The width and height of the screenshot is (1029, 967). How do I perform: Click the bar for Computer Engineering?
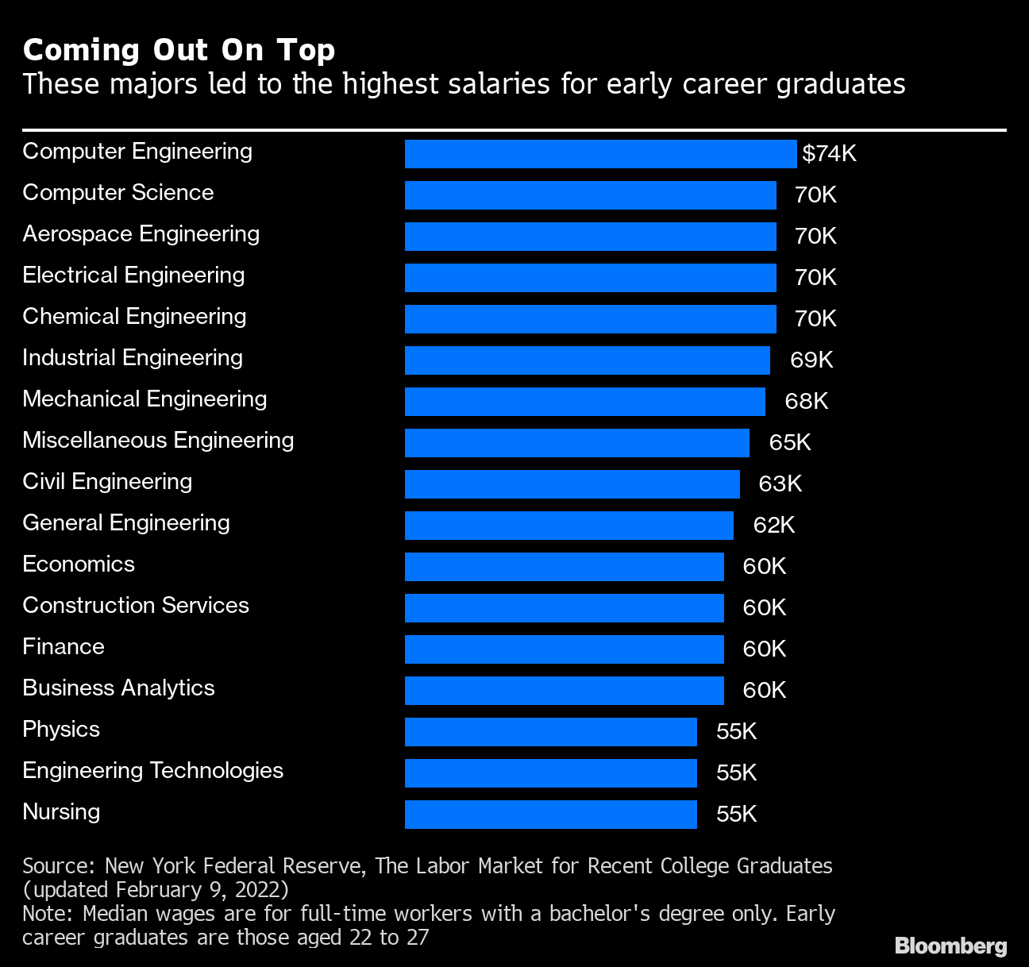tap(600, 154)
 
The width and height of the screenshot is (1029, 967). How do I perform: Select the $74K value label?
tap(829, 153)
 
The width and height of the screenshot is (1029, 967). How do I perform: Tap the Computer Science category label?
tap(118, 193)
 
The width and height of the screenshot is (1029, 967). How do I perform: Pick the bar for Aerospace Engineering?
tap(590, 237)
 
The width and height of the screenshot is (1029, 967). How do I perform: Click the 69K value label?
tap(811, 360)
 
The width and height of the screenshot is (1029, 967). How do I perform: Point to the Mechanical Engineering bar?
tap(584, 402)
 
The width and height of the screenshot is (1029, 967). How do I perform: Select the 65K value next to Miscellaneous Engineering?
tap(789, 442)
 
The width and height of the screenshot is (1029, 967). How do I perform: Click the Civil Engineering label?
tap(107, 482)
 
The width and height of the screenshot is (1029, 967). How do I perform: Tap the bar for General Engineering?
tap(568, 526)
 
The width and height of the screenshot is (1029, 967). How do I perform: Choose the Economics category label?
tap(79, 564)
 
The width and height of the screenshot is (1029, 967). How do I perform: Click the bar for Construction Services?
tap(564, 608)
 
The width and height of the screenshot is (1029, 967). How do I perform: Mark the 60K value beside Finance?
tap(764, 649)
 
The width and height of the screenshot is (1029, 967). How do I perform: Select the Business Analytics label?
tap(118, 688)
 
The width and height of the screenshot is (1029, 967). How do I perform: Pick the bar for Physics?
tap(550, 732)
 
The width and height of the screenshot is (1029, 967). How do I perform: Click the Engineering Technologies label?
tap(152, 771)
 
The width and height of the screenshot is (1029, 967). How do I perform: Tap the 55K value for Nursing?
tap(736, 814)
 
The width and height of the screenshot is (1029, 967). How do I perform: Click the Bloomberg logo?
tap(950, 946)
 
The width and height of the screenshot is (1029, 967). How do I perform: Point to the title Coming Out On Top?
tap(179, 50)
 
